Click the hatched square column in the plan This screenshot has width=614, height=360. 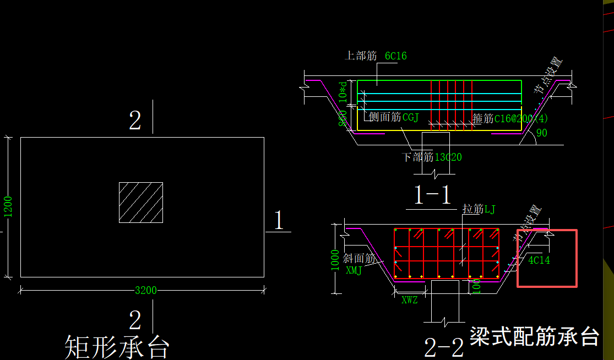click(x=141, y=203)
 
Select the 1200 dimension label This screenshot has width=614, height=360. click(x=8, y=207)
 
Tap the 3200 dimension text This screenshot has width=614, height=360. click(x=146, y=290)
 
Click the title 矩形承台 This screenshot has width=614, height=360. click(x=117, y=347)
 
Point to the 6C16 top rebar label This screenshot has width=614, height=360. click(x=395, y=56)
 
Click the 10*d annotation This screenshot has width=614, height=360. click(x=344, y=92)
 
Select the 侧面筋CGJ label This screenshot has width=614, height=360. click(x=394, y=117)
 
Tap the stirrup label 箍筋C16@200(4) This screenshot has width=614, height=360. click(x=510, y=118)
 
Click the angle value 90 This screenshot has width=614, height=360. click(x=542, y=133)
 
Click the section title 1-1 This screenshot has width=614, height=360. click(x=433, y=195)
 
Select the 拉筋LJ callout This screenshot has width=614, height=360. click(x=479, y=209)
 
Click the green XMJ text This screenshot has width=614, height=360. click(x=354, y=270)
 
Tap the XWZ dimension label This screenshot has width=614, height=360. click(x=409, y=300)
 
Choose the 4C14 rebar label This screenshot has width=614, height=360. click(x=539, y=260)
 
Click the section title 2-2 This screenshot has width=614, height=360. click(x=444, y=347)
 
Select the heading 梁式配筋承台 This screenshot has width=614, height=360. click(x=534, y=335)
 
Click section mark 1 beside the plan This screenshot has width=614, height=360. click(x=279, y=221)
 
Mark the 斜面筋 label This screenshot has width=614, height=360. click(x=358, y=259)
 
